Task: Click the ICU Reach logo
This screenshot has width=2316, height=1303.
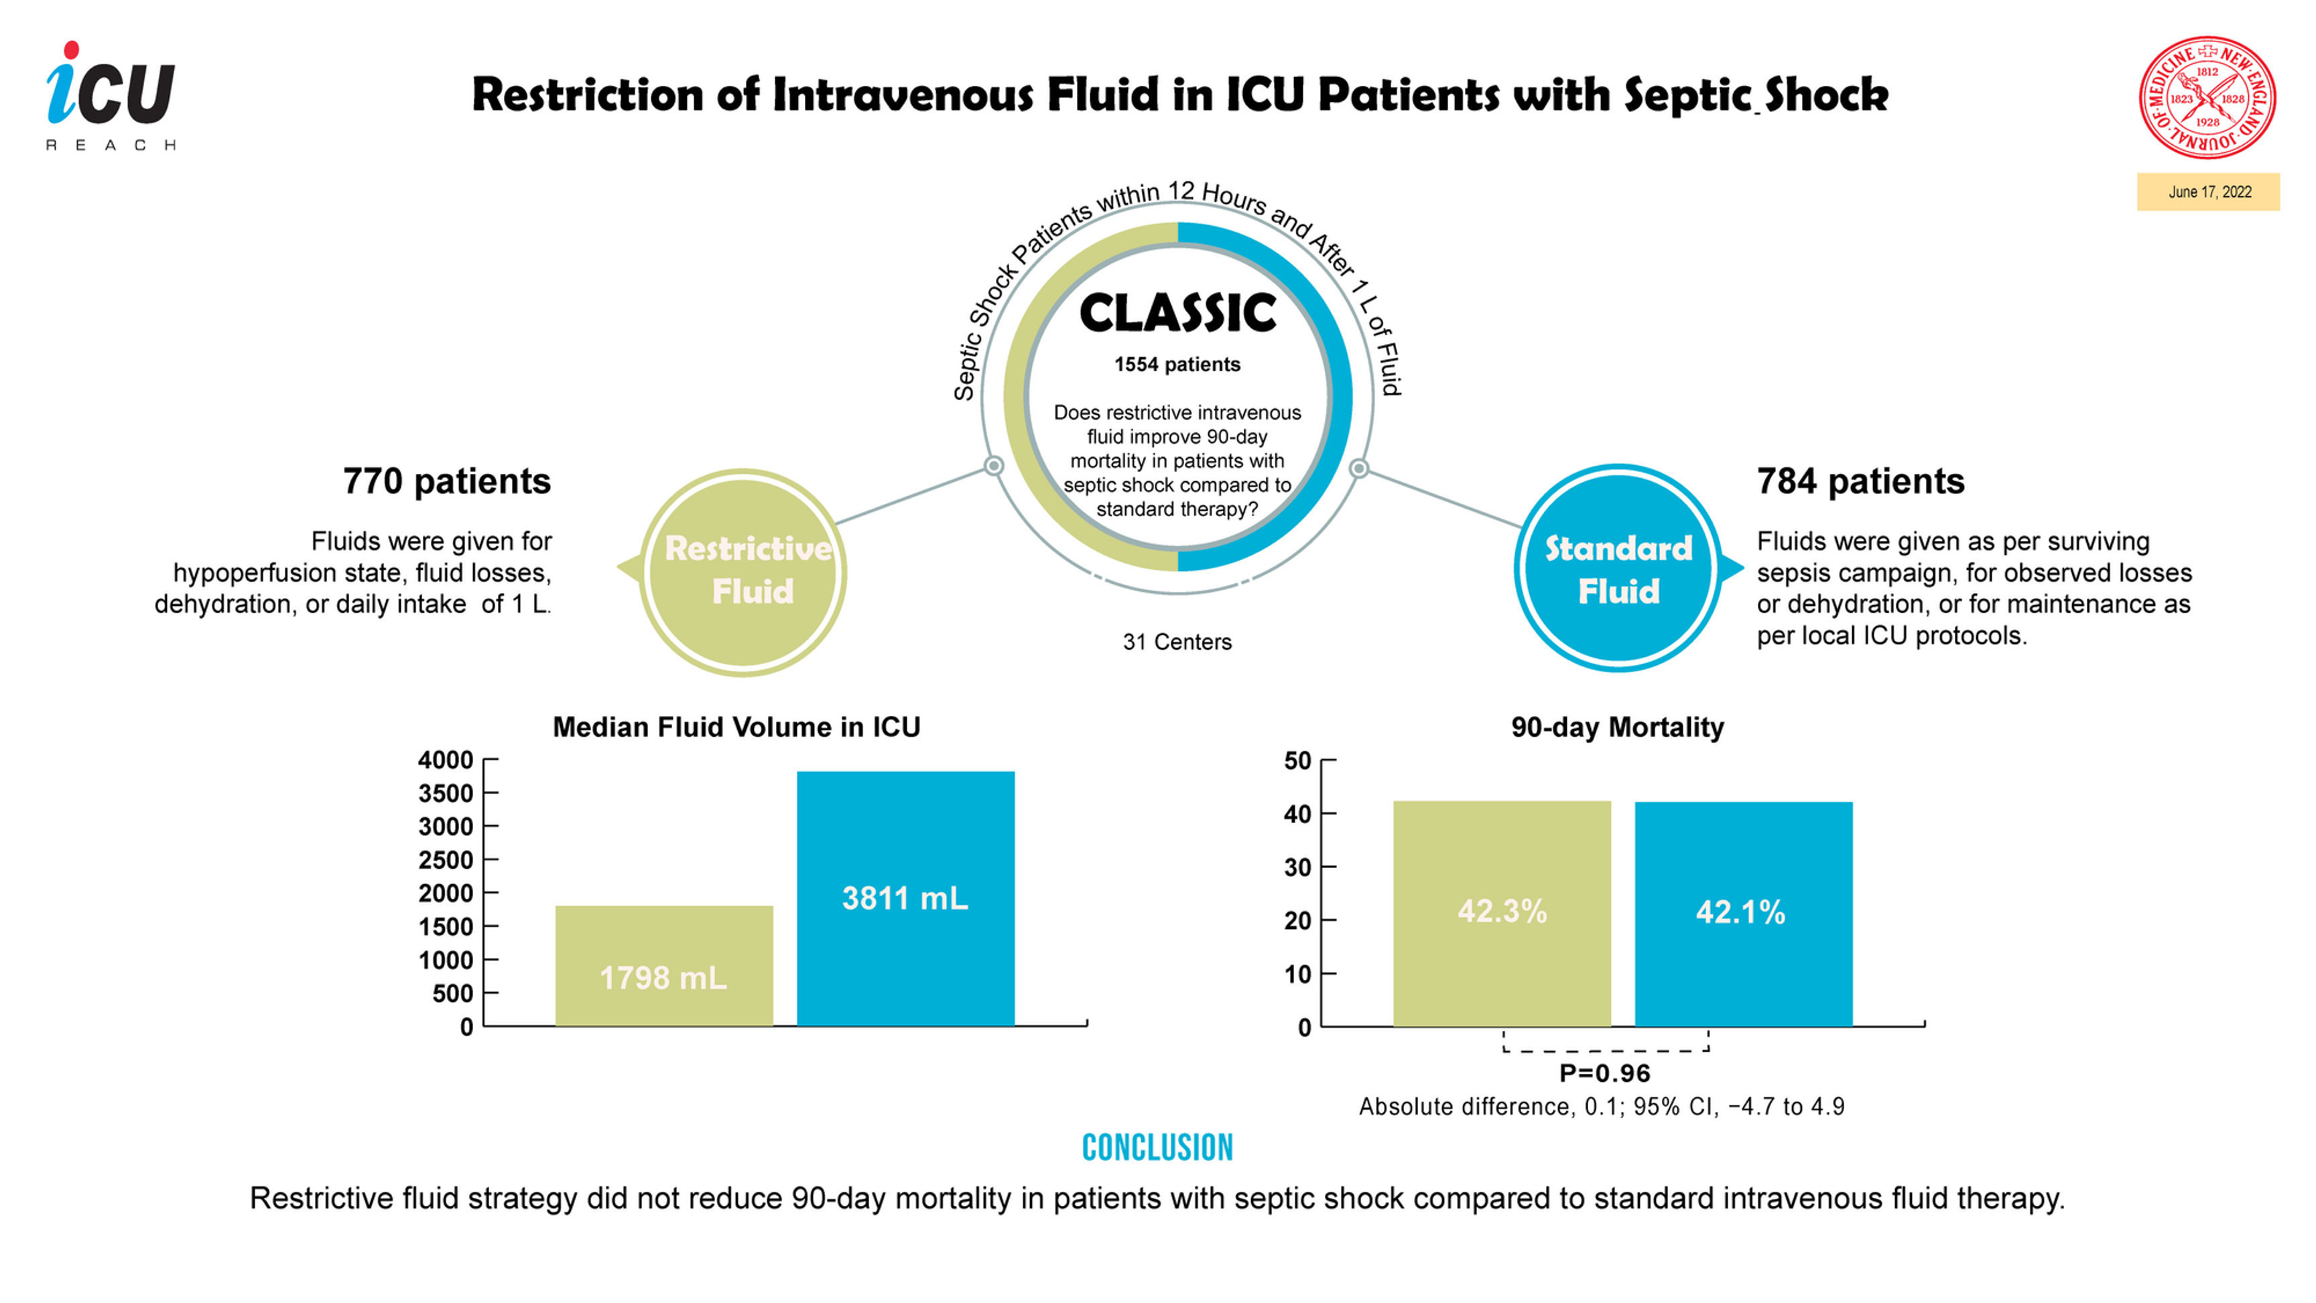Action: (x=111, y=95)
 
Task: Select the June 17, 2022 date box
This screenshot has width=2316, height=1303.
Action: (x=2208, y=192)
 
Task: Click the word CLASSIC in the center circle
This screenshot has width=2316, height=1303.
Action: (x=1177, y=313)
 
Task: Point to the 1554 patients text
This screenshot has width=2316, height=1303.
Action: (x=1177, y=364)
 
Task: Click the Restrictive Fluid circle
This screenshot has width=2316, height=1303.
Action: (x=744, y=571)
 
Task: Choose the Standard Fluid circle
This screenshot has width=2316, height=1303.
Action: (x=1618, y=569)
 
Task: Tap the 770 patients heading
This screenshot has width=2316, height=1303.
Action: (x=447, y=481)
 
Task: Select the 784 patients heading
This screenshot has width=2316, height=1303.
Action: (x=1860, y=481)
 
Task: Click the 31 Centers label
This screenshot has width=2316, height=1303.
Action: (x=1177, y=642)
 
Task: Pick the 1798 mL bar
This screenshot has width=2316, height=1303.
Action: (x=663, y=967)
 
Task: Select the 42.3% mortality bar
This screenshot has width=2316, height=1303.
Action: (x=1501, y=913)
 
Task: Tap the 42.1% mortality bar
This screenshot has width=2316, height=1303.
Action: (x=1742, y=913)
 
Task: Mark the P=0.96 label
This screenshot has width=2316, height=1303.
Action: (x=1605, y=1073)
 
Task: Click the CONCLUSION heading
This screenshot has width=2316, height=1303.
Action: (x=1157, y=1147)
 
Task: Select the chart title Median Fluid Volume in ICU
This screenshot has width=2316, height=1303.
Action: (x=736, y=727)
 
